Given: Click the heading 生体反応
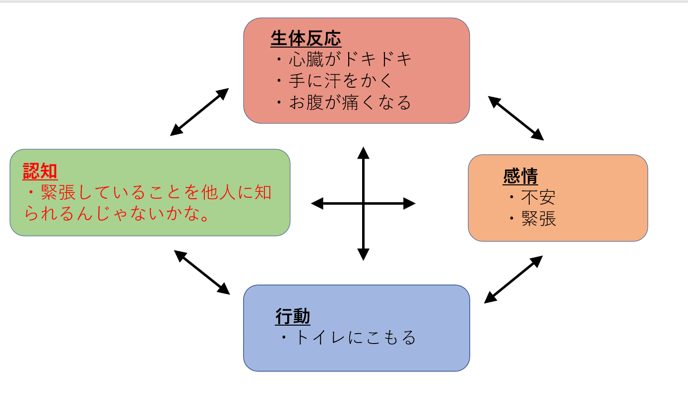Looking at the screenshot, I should point(306,39).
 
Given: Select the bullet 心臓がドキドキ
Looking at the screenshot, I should point(349,60).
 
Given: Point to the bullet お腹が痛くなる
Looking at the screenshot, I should point(349,102).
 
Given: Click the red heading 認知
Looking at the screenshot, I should point(40,171).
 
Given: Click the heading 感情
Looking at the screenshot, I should point(520,176).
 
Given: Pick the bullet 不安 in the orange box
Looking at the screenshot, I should point(538,198).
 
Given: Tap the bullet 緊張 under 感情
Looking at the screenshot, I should point(538,219).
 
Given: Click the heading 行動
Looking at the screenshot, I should point(293,317).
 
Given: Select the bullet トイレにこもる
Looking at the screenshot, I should point(354,338).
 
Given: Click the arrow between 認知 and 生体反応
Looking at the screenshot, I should point(199,112).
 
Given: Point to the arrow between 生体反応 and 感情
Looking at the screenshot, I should point(516,118).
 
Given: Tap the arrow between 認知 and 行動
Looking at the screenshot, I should point(202,272).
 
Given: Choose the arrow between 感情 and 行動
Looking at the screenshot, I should point(513,280).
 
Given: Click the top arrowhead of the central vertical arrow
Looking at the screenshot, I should point(364,153).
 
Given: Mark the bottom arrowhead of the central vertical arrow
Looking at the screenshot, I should point(364,254).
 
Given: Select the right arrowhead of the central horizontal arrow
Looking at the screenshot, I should point(409,203).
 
